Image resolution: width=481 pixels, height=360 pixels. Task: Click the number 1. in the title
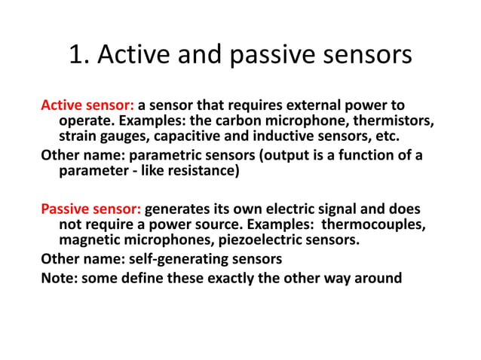(x=79, y=56)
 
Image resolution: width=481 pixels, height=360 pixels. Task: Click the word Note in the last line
(x=58, y=277)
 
